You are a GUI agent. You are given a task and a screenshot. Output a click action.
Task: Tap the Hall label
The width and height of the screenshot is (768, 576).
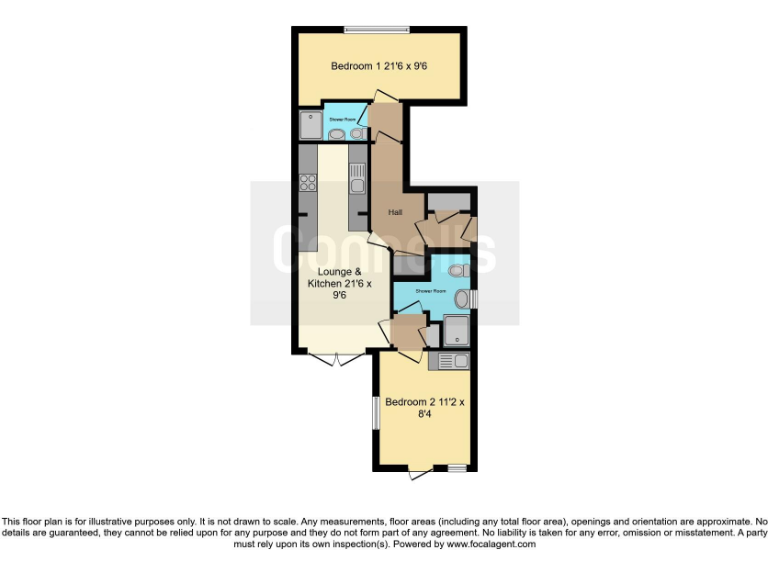point(380,211)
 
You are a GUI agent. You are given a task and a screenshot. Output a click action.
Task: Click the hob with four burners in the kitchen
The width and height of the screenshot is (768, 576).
point(307,183)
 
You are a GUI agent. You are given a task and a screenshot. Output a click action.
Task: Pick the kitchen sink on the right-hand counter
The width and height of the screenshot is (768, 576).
point(357,176)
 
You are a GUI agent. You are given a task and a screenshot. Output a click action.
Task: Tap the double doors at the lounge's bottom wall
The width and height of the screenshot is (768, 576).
point(334,358)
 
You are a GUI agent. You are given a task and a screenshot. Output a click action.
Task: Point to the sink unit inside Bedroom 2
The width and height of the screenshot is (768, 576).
point(447,360)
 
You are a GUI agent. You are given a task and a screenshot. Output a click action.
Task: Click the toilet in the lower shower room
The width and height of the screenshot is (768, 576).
point(458,270)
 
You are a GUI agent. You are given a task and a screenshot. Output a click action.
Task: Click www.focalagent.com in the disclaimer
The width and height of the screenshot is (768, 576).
point(491,545)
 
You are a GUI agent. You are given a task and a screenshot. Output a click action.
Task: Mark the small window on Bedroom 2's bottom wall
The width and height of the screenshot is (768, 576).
point(457,468)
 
